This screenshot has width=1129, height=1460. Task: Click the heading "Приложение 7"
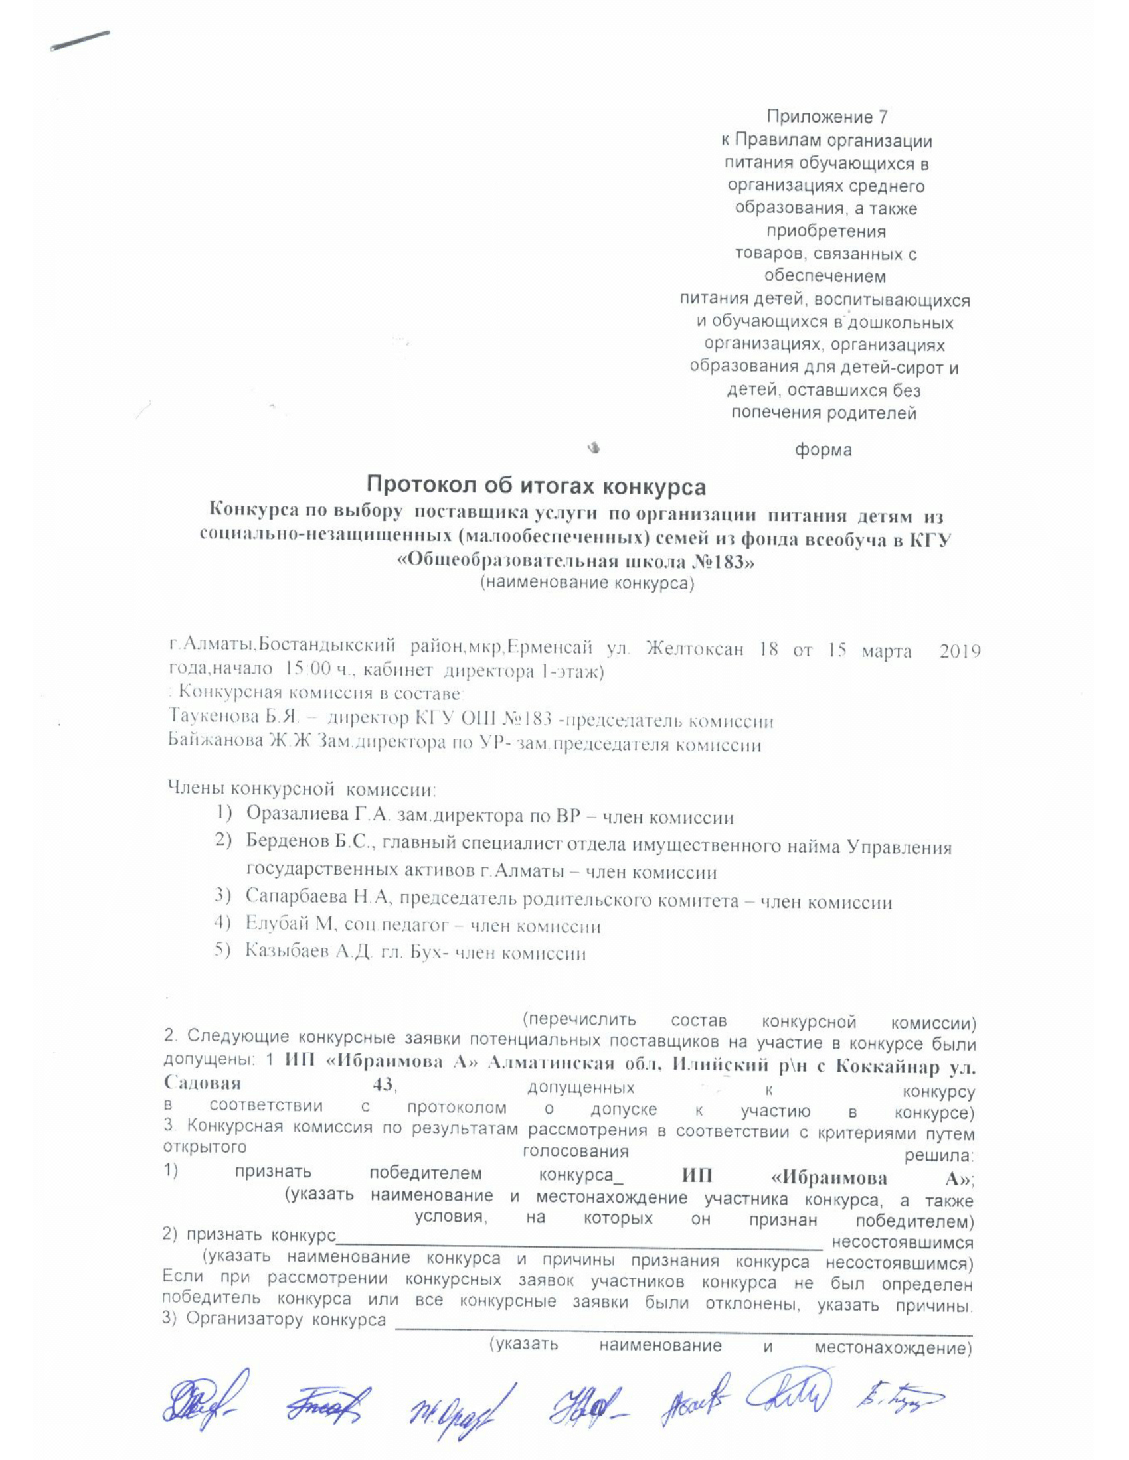826,117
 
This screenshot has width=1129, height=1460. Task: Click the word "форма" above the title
823,450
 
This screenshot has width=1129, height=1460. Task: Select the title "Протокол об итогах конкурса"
537,486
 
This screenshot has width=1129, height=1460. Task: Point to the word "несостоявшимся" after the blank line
902,1243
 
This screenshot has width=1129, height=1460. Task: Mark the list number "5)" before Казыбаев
222,950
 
